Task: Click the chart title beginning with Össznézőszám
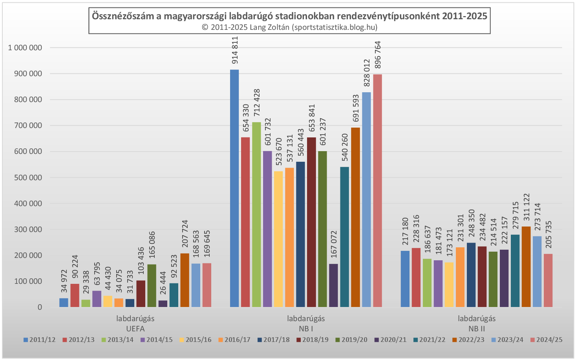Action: tap(289, 16)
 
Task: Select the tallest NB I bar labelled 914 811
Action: tap(234, 188)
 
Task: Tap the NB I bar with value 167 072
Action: tap(333, 285)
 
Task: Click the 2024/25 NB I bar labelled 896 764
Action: tap(377, 191)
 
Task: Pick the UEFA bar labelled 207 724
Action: tap(185, 280)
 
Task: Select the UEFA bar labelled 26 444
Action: tap(163, 303)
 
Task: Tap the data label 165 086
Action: tap(152, 245)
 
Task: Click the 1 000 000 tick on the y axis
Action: tap(25, 48)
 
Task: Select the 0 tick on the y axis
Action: tap(40, 307)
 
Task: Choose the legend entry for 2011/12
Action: tap(40, 340)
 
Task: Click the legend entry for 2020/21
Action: tap(391, 340)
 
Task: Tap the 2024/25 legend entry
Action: tap(546, 340)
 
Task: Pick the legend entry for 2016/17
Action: tap(234, 340)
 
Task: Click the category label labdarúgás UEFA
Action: tap(135, 323)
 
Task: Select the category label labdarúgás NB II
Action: tap(477, 323)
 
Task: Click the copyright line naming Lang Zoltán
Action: tap(289, 27)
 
